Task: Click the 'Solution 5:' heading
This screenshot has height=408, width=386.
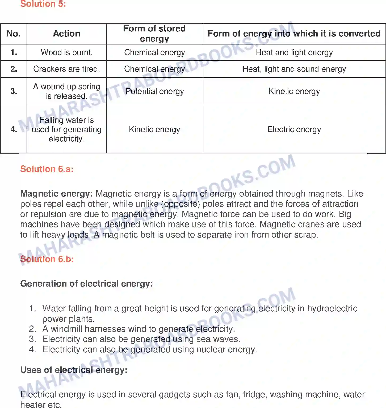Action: coord(43,4)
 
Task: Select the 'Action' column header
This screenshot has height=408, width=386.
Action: coord(66,34)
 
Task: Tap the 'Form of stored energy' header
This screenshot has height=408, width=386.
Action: coord(154,34)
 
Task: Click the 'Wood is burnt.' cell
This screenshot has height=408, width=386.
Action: coord(66,52)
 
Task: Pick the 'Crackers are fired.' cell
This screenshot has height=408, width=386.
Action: coord(66,69)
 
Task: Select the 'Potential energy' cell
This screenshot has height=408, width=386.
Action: coord(154,91)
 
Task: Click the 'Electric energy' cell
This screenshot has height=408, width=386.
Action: coord(294,129)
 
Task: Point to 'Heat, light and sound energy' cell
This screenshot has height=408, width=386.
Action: coord(294,69)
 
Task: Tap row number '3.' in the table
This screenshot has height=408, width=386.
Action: coord(14,91)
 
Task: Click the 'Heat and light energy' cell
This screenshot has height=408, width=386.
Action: coord(294,52)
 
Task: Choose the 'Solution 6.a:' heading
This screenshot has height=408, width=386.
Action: coord(47,169)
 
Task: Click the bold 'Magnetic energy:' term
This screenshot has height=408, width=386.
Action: coord(56,194)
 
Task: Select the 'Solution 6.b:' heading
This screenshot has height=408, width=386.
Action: coord(47,259)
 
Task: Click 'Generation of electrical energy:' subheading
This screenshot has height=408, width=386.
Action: coord(87,284)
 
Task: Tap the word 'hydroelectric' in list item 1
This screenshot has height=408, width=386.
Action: coord(332,308)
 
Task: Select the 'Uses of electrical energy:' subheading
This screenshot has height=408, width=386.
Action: coord(74,370)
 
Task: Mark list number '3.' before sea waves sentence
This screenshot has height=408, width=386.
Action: coord(32,339)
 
